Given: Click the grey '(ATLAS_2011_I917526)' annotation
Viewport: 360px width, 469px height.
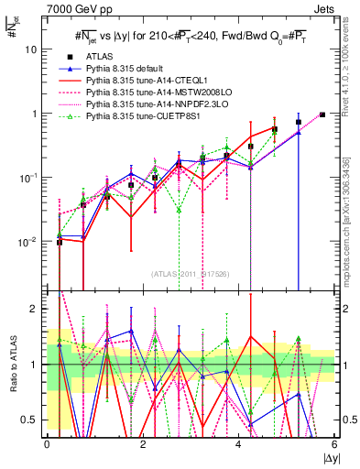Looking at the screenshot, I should (191, 273).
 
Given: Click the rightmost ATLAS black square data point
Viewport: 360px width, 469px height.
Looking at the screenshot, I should (322, 115).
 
